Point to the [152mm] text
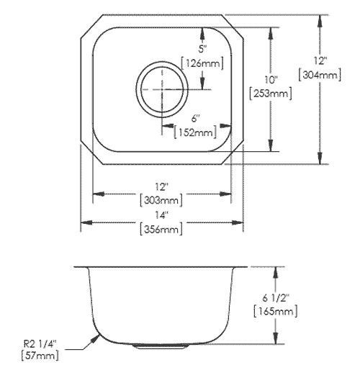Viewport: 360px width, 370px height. click(x=195, y=132)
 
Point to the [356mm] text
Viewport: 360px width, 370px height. click(x=161, y=230)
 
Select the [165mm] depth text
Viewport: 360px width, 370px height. click(x=276, y=312)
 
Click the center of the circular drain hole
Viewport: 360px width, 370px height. click(x=163, y=88)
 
